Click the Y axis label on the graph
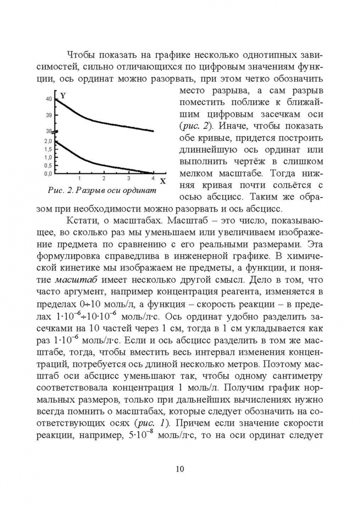pos(63,95)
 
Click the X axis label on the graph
pos(162,181)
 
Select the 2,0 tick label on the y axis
pos(48,141)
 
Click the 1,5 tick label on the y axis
pos(48,149)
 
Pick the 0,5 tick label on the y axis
pos(48,166)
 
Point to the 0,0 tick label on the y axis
pos(48,174)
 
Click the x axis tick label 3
pos(128,178)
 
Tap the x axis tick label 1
pos(79,178)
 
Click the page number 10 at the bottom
pos(180,468)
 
